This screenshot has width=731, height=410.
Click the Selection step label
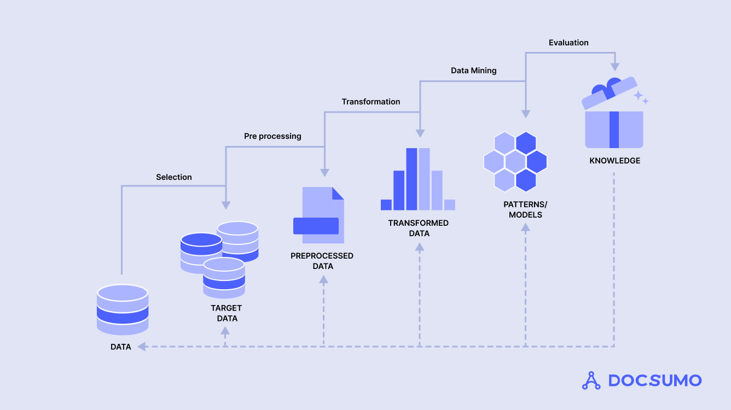tap(173, 177)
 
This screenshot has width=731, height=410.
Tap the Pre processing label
tap(272, 136)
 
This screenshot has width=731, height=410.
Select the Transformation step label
tap(370, 102)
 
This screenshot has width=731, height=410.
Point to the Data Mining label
tap(473, 71)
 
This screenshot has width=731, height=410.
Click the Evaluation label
tap(568, 43)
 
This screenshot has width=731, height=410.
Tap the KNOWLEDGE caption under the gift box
tap(614, 161)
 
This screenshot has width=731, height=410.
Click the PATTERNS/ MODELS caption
tap(525, 209)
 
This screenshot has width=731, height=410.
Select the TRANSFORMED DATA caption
tap(419, 228)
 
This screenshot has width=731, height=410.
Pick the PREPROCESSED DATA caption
tap(322, 261)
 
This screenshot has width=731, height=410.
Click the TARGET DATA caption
tap(227, 313)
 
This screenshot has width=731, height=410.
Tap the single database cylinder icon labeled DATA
tap(123, 309)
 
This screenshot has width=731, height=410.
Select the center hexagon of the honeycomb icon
tap(515, 161)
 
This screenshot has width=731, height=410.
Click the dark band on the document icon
tap(316, 226)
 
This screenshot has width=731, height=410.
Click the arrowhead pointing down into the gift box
tap(614, 67)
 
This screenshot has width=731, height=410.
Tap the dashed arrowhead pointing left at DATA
tap(142, 347)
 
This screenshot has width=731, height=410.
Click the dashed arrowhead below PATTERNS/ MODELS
tap(525, 226)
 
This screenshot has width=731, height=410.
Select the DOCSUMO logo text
tap(654, 380)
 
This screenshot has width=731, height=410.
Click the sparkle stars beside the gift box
tap(641, 98)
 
